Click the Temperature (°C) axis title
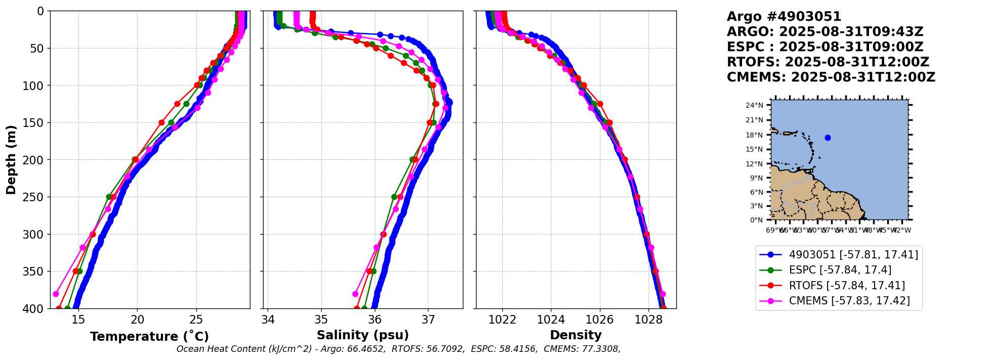pyautogui.click(x=149, y=337)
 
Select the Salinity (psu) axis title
pyautogui.click(x=363, y=335)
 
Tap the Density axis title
pyautogui.click(x=576, y=335)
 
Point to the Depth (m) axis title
pyautogui.click(x=11, y=160)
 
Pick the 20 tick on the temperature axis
pyautogui.click(x=137, y=320)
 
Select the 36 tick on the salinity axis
pyautogui.click(x=375, y=320)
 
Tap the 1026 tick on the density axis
pyautogui.click(x=600, y=320)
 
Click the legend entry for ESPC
pyautogui.click(x=840, y=270)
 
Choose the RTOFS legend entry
pyautogui.click(x=847, y=286)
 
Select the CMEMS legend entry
pyautogui.click(x=849, y=301)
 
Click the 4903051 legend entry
pyautogui.click(x=853, y=255)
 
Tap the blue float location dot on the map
pyautogui.click(x=828, y=138)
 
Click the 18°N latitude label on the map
pyautogui.click(x=754, y=135)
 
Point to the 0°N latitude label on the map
pyautogui.click(x=756, y=220)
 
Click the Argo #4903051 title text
pyautogui.click(x=784, y=17)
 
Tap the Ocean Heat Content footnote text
pyautogui.click(x=398, y=349)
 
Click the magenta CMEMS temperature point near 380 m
pyautogui.click(x=56, y=294)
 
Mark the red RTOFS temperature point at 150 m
pyautogui.click(x=162, y=122)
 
